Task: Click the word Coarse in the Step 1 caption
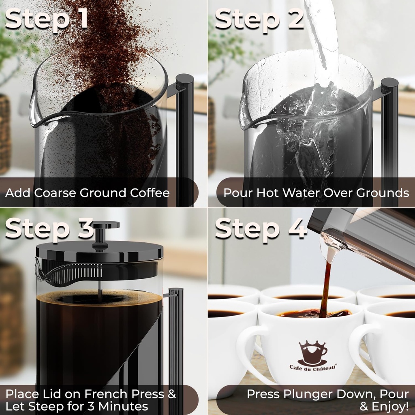pos(56,193)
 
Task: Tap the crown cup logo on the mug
pos(312,353)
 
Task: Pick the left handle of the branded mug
pos(247,349)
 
